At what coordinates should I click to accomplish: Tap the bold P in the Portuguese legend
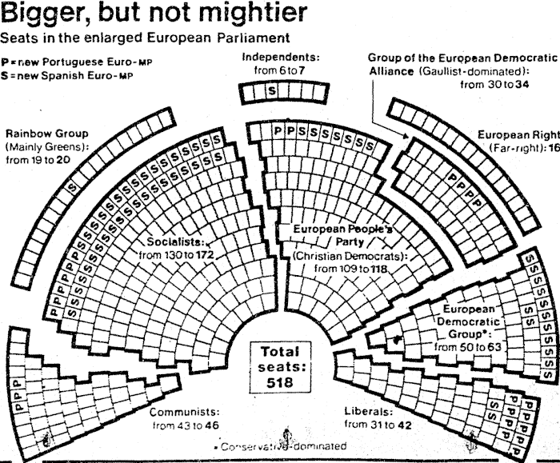tap(6, 62)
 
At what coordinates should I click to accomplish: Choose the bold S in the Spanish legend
tap(6, 76)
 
